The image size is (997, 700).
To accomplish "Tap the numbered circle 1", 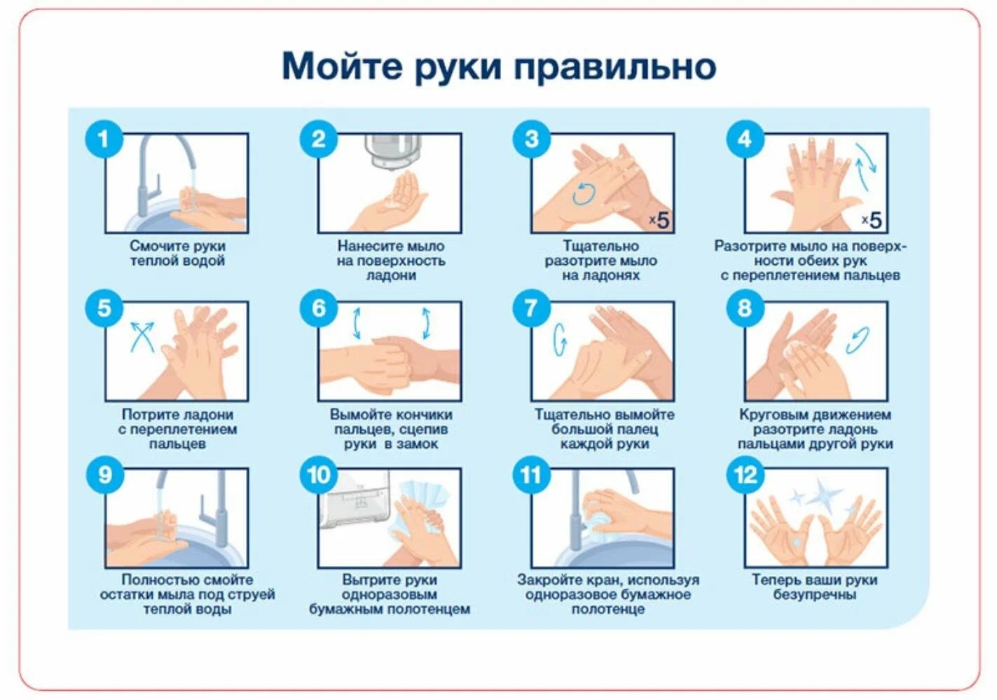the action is pos(104,139).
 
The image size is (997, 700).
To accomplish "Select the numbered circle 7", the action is pos(532,308).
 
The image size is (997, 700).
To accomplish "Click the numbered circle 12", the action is pos(745,474).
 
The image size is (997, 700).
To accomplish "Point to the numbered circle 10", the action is pos(318,474).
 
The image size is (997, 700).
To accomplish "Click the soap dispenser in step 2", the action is pos(393,152).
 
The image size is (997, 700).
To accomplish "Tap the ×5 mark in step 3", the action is pos(659,220).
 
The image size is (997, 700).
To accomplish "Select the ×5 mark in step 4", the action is pos(872,220).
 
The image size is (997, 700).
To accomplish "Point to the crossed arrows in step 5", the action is pos(142,337).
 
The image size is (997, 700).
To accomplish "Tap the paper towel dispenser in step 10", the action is pos(355,500).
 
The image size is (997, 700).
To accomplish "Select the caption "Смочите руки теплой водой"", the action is pos(177,253).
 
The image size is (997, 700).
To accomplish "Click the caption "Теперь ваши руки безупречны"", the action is pos(815,587).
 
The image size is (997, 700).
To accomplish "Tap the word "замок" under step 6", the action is pos(418,444).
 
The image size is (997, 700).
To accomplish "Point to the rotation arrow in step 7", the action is pos(558,340).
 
